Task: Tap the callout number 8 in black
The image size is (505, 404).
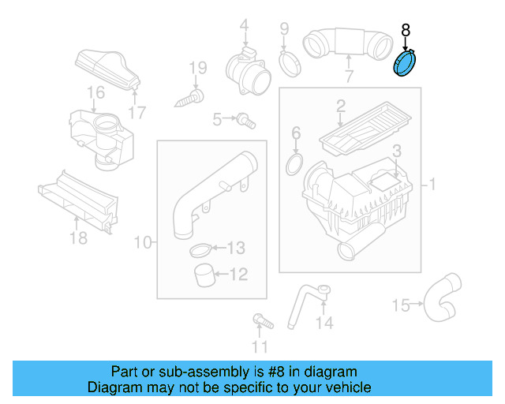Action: click(x=406, y=31)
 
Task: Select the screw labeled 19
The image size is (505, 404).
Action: click(x=190, y=98)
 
